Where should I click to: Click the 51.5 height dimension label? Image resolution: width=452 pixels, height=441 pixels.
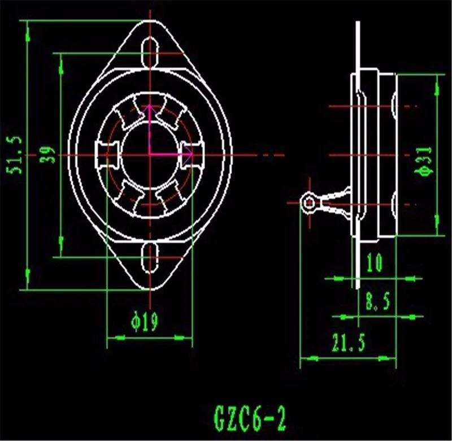point(14,155)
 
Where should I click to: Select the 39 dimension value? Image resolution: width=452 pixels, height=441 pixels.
point(47,155)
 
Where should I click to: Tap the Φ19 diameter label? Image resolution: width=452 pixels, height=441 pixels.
point(145,321)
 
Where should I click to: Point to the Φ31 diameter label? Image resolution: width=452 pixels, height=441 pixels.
point(424,161)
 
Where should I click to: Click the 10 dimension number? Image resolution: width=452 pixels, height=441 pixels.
point(375,263)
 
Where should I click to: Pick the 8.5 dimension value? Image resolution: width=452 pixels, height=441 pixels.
point(378,301)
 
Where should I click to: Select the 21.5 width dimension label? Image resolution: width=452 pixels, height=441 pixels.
point(348,343)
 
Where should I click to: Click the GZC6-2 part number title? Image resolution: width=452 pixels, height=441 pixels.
point(250,418)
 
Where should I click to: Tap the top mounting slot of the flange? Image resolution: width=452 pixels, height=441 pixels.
point(150,53)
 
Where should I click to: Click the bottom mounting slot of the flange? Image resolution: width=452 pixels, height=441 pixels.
point(150,258)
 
